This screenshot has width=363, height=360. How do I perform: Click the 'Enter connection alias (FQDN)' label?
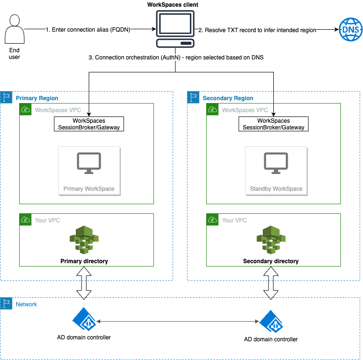88,30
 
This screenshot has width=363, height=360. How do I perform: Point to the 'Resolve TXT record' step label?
257,30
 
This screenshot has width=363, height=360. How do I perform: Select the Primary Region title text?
37,98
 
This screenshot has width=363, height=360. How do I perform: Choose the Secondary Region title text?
228,98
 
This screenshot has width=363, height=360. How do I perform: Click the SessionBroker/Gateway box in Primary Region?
89,124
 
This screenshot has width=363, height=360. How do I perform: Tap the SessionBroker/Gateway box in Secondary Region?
273,124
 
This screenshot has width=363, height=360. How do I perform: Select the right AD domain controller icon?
271,321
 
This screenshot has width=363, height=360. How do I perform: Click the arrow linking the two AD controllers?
177,320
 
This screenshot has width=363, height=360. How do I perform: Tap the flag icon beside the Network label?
6,304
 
